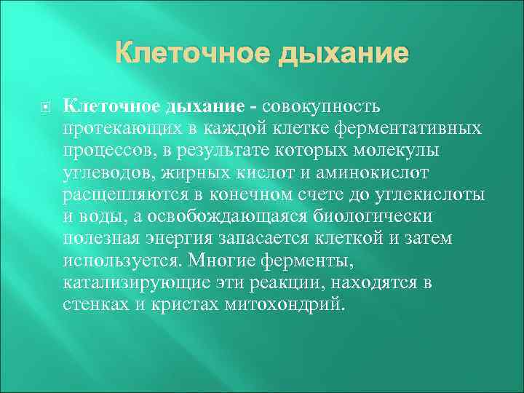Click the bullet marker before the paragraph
point(46,107)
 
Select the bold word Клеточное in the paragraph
point(111,107)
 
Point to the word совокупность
point(323,107)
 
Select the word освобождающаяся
point(237,217)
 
